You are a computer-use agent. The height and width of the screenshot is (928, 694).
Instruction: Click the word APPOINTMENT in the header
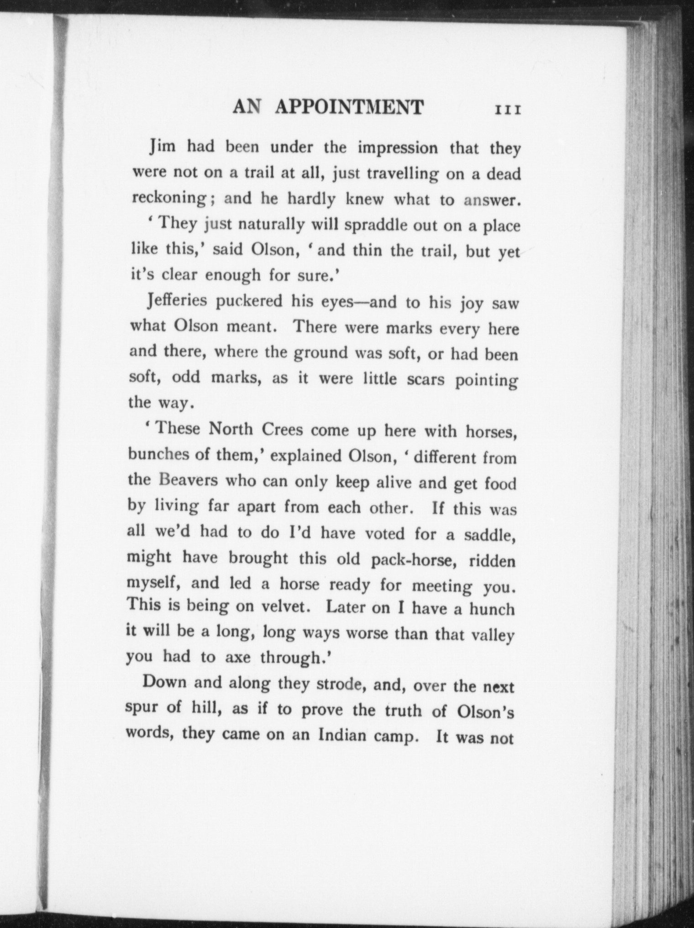pos(349,107)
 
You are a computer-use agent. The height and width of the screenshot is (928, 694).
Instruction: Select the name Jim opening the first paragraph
pos(160,148)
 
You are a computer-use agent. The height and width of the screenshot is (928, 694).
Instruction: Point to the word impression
pos(397,149)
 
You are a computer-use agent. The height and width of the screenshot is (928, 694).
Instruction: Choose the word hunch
pos(492,609)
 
